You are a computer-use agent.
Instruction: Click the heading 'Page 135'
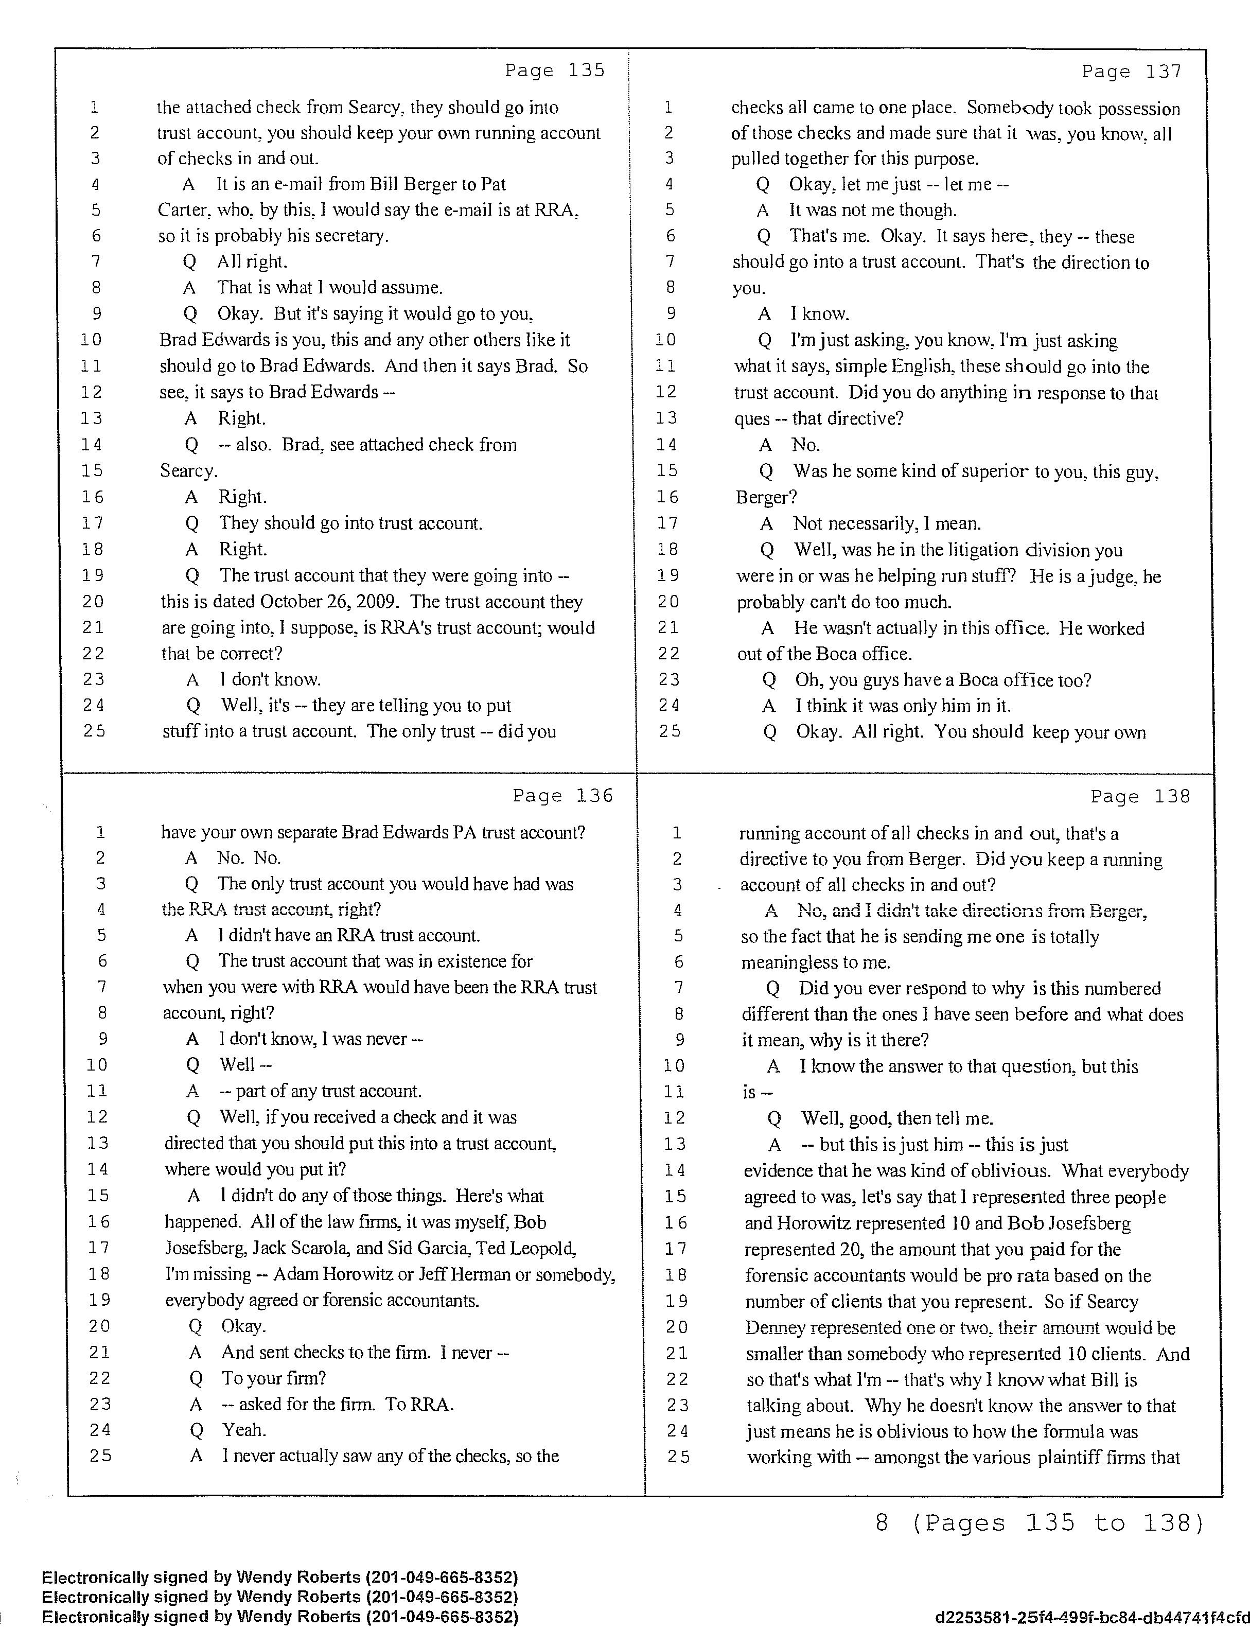[x=555, y=71]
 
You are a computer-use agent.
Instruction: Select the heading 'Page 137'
[x=1132, y=72]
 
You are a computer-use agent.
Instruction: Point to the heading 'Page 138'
[x=1140, y=797]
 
